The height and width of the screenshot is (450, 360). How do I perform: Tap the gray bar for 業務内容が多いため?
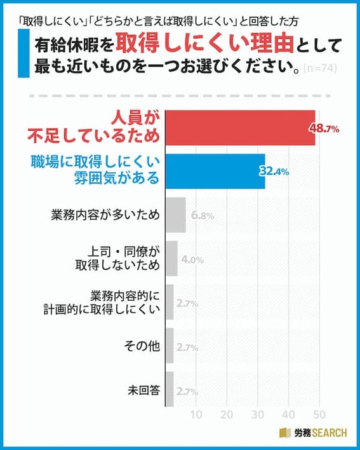175,215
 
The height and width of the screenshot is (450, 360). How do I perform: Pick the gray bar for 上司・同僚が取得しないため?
171,259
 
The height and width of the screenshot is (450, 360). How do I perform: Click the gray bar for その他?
169,346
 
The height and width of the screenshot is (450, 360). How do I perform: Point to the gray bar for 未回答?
169,390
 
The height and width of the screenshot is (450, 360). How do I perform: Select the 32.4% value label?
274,172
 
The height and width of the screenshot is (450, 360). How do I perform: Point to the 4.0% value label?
192,259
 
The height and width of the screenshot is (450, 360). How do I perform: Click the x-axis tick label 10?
196,415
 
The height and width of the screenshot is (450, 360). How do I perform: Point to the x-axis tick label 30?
258,415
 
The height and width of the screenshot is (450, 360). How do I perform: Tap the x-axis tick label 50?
319,415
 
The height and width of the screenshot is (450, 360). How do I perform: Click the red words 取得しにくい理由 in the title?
212,46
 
